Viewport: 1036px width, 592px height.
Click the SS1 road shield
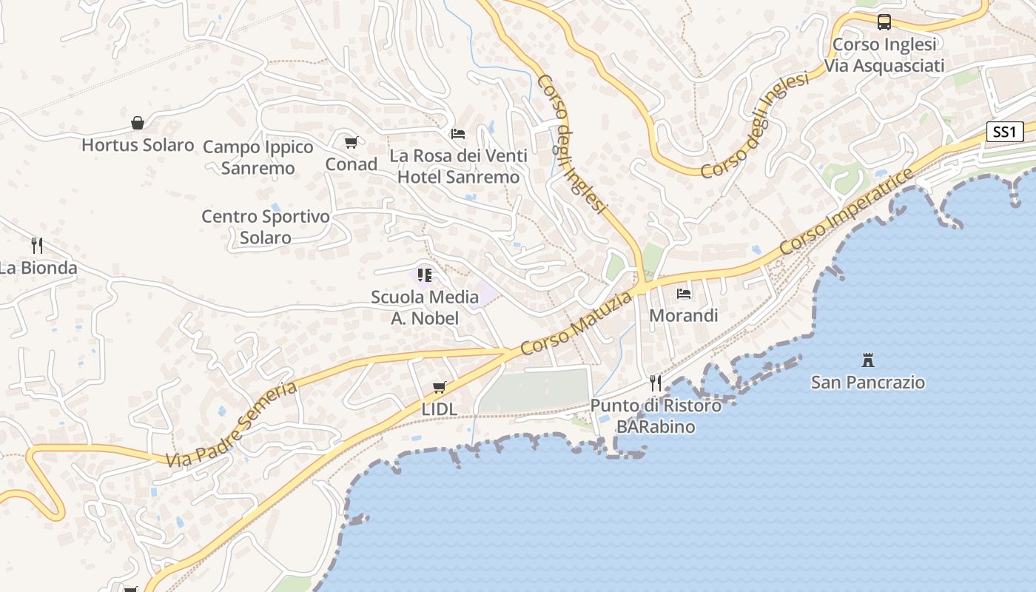pyautogui.click(x=1005, y=132)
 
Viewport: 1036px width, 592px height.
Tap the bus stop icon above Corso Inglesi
pyautogui.click(x=884, y=22)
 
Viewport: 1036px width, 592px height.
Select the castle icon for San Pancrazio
pyautogui.click(x=868, y=360)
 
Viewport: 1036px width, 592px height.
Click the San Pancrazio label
pyautogui.click(x=868, y=383)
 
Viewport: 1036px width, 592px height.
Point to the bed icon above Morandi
pyautogui.click(x=684, y=294)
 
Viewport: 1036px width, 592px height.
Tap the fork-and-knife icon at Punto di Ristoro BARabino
pyautogui.click(x=656, y=383)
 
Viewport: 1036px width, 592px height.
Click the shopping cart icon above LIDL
pyautogui.click(x=440, y=387)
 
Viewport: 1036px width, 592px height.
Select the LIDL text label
pyautogui.click(x=440, y=408)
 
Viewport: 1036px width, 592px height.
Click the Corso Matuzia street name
pyautogui.click(x=577, y=323)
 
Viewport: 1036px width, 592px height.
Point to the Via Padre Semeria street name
pyautogui.click(x=232, y=425)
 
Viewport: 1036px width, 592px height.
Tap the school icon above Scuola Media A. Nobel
pyautogui.click(x=425, y=275)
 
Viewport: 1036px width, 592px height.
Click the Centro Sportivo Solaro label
pyautogui.click(x=266, y=227)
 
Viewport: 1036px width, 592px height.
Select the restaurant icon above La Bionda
pyautogui.click(x=37, y=245)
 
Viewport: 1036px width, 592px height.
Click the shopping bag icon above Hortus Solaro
pyautogui.click(x=138, y=123)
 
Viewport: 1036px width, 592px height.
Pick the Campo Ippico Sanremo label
pyautogui.click(x=258, y=158)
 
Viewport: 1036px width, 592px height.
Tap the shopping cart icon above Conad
pyautogui.click(x=351, y=142)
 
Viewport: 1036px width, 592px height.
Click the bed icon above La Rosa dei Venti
pyautogui.click(x=458, y=134)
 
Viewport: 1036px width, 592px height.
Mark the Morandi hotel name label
pyautogui.click(x=684, y=316)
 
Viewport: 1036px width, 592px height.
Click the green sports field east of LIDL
pyautogui.click(x=534, y=391)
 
